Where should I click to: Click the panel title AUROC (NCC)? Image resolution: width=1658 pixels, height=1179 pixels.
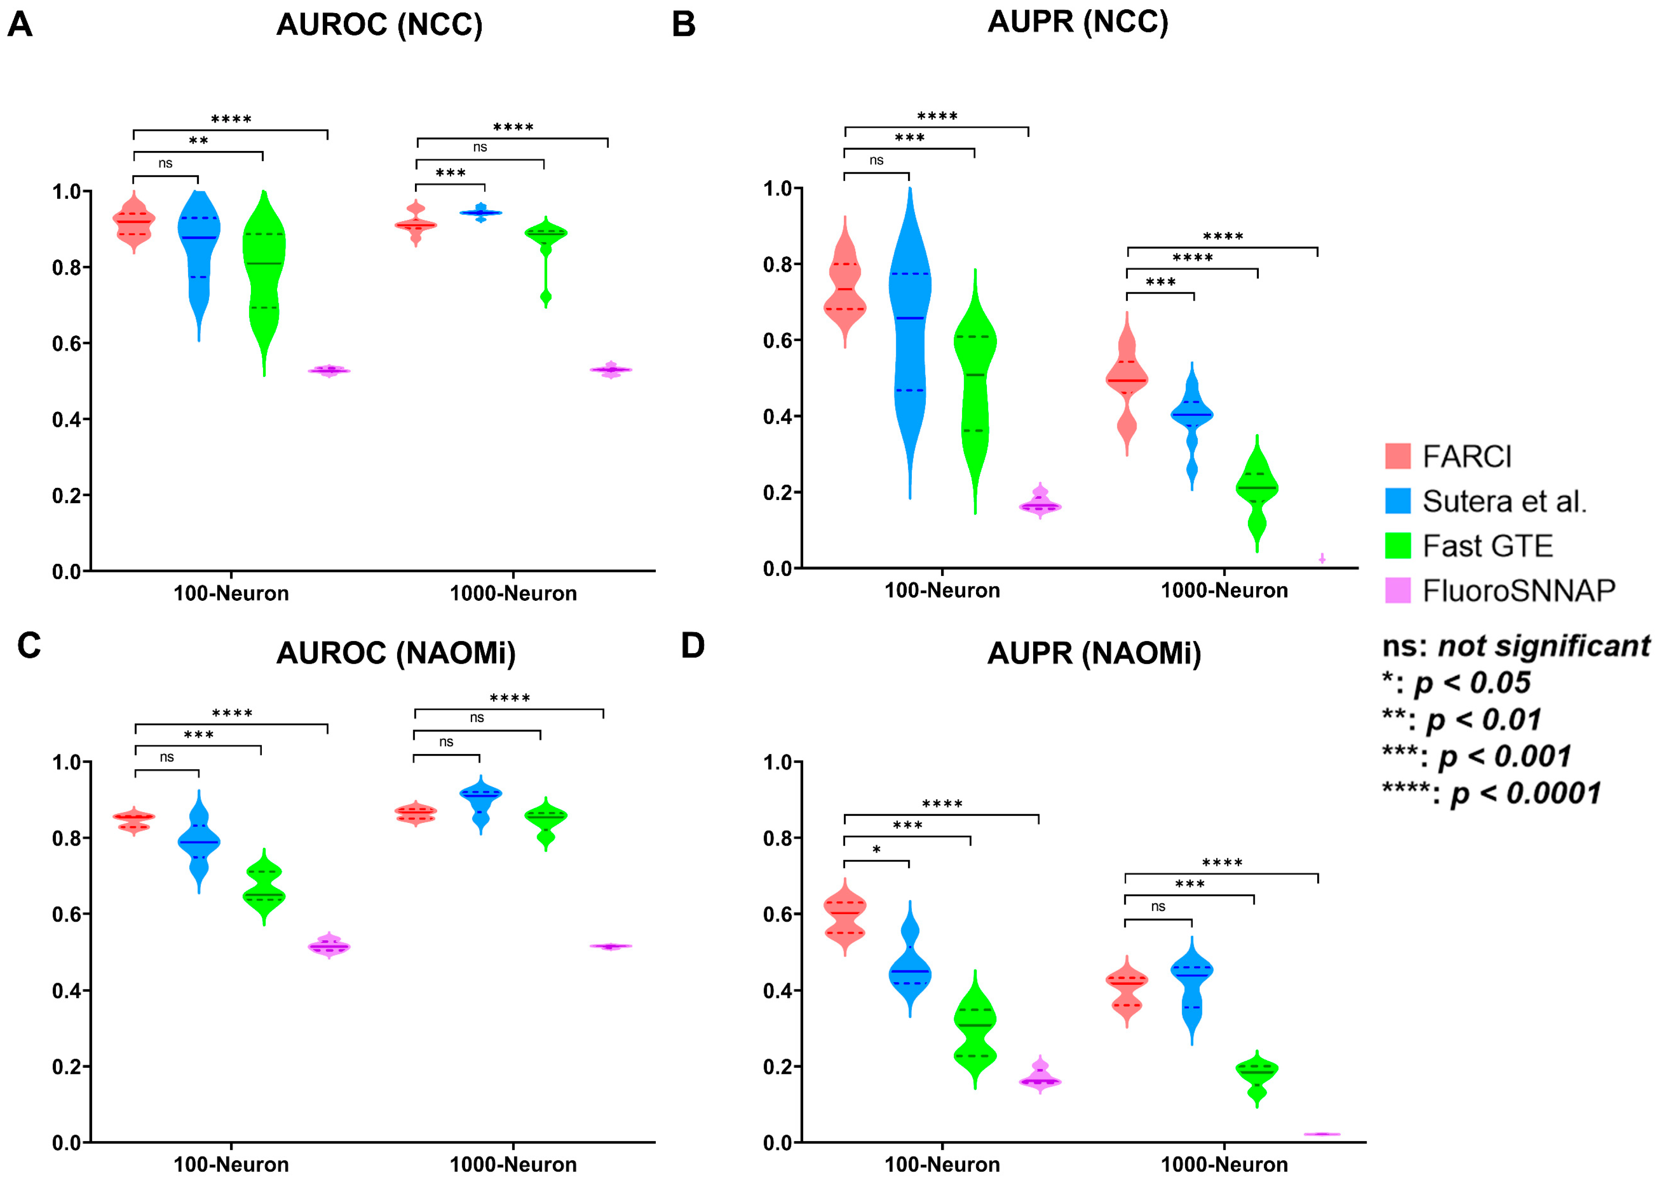pos(379,25)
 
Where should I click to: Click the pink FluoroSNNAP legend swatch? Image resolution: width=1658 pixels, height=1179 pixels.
pos(1398,590)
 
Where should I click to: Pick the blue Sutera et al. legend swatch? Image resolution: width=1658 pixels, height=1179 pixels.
pos(1398,501)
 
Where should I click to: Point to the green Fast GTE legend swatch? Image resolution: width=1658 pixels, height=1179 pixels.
pos(1398,545)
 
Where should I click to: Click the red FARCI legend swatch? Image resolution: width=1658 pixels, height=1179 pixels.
pos(1398,456)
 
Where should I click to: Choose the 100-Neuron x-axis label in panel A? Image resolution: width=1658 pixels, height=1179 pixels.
pos(231,594)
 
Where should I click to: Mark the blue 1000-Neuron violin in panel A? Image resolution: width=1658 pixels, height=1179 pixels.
pos(480,212)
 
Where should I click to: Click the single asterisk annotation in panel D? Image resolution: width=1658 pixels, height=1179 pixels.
pos(876,850)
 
